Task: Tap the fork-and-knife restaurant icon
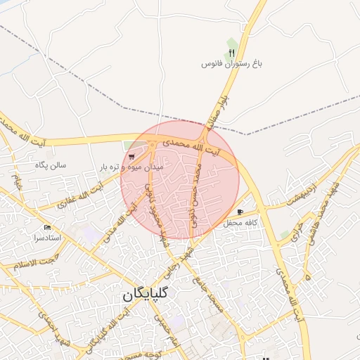click(x=232, y=53)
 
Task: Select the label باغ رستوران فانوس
click(x=232, y=64)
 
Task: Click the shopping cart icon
click(x=132, y=157)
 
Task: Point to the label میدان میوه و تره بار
click(x=132, y=167)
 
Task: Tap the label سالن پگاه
click(x=51, y=165)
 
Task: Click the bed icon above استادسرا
click(x=47, y=227)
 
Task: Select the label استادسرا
click(x=47, y=238)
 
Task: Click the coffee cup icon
click(x=240, y=212)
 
